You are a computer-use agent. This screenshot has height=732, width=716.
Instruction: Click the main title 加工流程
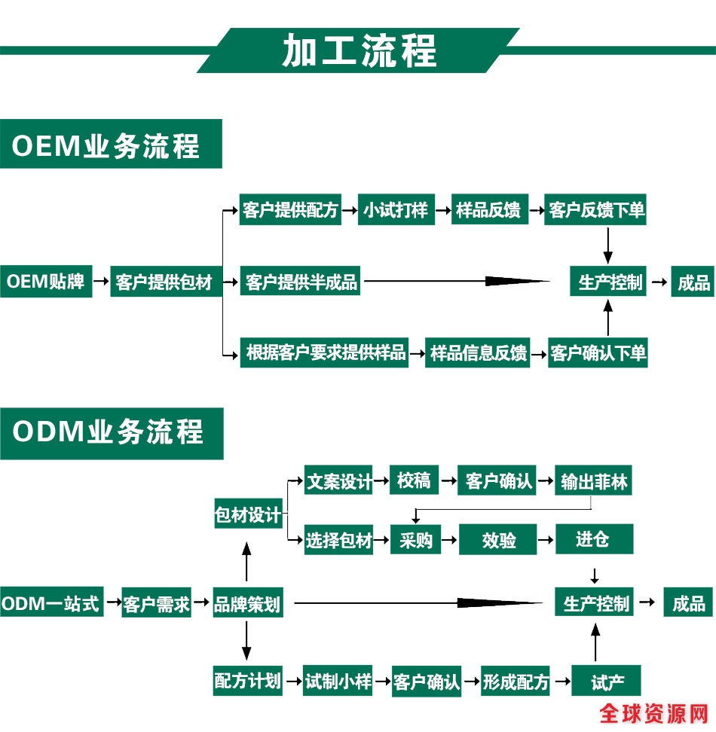pos(359,51)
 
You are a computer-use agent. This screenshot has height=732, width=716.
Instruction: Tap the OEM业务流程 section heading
pos(106,144)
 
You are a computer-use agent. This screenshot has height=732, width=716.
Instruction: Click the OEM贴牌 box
pos(46,282)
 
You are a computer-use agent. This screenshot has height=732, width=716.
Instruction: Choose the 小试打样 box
pos(396,210)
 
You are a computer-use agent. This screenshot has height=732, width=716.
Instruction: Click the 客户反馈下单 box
pos(597,210)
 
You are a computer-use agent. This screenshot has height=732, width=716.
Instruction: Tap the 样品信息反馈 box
pos(478,352)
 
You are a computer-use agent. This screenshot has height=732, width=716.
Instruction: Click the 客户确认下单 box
pos(598,352)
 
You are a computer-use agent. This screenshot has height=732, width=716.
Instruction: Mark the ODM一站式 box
pos(50,604)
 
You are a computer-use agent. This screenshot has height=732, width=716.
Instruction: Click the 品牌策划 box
pos(247,604)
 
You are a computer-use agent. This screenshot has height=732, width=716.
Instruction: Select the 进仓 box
pos(594,539)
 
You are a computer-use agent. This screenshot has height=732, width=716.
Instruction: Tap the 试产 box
pos(607,682)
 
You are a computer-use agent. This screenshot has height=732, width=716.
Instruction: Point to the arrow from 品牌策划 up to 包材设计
pos(246,558)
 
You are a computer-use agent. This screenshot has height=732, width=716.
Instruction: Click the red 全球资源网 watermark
pos(654,712)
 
